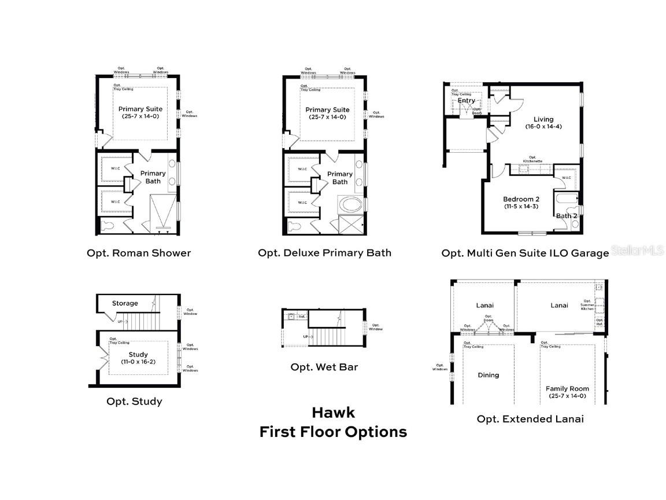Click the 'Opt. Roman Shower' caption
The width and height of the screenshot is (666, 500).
[x=139, y=253]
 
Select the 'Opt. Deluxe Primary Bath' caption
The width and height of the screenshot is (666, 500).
[x=324, y=253]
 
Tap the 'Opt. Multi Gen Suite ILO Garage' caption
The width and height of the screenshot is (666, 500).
[x=525, y=253]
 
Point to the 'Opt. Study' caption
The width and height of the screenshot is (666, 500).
[x=134, y=401]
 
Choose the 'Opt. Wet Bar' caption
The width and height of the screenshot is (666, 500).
[x=324, y=367]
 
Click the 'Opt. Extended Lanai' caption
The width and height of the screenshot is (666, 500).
[x=530, y=418]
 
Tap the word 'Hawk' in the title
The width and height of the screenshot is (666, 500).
[x=333, y=412]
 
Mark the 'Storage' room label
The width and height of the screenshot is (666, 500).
[x=125, y=303]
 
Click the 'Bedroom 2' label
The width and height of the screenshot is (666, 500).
[x=521, y=199]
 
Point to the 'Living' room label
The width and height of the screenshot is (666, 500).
[x=543, y=120]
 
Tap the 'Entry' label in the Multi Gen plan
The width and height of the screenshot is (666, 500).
[x=467, y=101]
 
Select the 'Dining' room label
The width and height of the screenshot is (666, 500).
[x=488, y=375]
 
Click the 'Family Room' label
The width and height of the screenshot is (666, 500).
[x=567, y=389]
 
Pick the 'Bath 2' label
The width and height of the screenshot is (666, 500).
[x=566, y=216]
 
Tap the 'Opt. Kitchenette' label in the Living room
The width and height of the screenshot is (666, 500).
[x=532, y=159]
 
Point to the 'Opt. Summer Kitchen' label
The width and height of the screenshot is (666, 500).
[x=587, y=305]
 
